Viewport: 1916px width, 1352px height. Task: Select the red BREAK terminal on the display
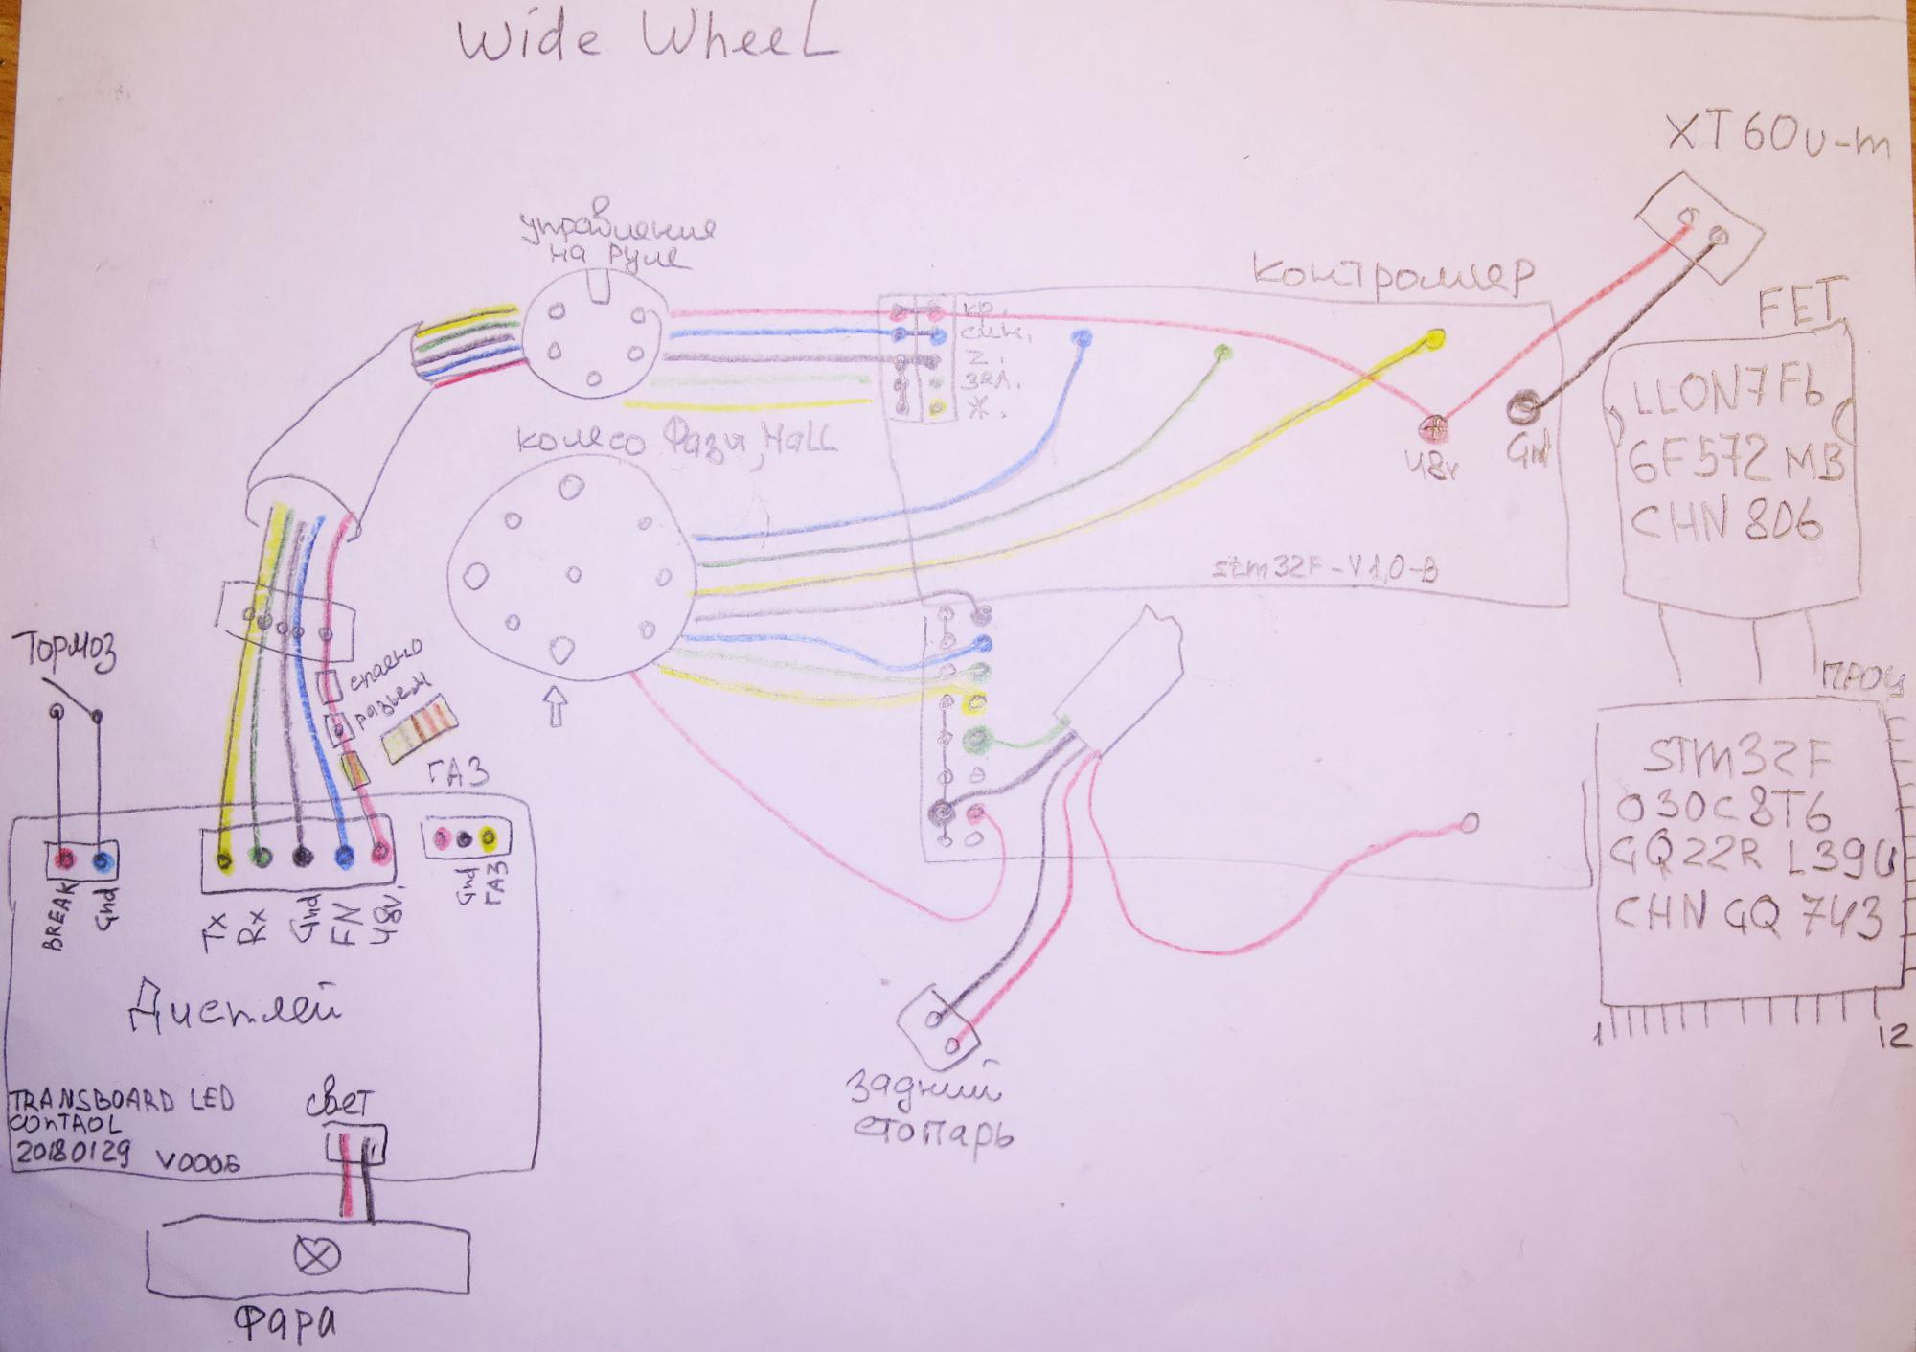(66, 858)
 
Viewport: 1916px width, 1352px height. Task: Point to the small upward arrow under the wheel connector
(556, 710)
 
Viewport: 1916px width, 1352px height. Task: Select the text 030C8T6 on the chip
(1722, 813)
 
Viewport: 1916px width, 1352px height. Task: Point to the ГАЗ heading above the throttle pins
(460, 772)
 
